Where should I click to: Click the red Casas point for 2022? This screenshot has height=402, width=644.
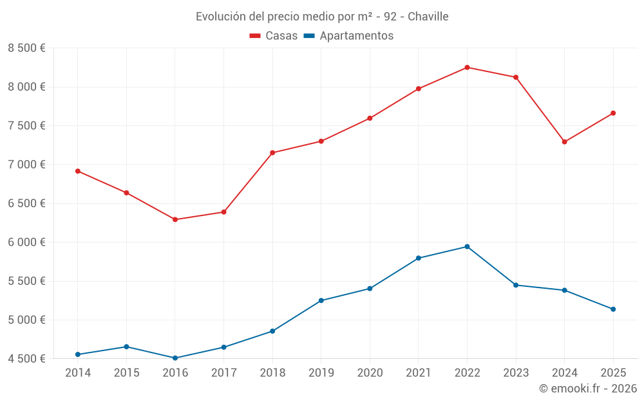467,68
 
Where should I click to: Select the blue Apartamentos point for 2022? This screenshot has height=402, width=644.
467,246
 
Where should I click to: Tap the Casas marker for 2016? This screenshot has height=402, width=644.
175,219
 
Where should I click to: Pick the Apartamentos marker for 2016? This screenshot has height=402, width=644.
175,358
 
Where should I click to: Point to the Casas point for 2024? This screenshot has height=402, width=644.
565,142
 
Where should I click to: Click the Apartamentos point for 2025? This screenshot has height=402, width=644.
613,309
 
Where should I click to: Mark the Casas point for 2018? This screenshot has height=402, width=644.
272,152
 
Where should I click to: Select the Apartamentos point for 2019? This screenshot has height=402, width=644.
321,300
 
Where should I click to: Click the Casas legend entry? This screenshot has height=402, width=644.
274,36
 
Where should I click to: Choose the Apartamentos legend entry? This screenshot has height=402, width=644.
348,36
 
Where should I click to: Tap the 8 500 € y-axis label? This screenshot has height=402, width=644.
26,48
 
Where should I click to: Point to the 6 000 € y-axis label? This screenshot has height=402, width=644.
26,242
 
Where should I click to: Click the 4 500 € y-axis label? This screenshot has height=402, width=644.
26,359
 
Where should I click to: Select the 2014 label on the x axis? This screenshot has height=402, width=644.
78,372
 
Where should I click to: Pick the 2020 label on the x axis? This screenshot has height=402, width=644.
370,372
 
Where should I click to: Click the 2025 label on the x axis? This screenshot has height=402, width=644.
613,372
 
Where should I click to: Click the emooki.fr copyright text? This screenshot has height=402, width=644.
588,388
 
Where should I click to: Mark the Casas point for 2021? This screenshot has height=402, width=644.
419,89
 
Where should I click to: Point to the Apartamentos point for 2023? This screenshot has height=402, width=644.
516,285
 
